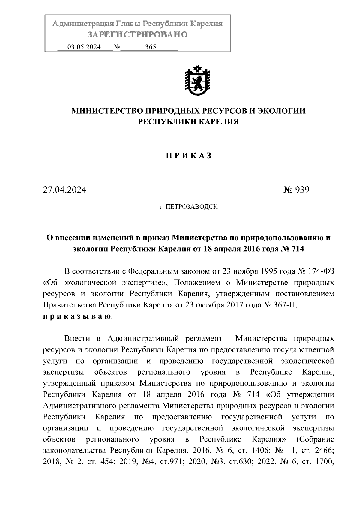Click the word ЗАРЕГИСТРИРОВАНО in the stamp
(x=138, y=35)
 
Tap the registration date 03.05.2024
(x=84, y=47)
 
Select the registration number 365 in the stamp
(x=150, y=47)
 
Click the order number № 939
(x=296, y=190)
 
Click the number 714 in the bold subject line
(x=297, y=249)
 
